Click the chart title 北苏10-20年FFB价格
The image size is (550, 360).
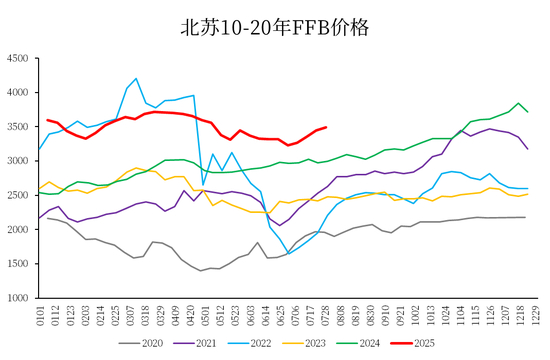275,28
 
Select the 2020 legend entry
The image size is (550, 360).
141,343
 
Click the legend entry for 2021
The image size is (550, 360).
195,343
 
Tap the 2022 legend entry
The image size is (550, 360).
249,343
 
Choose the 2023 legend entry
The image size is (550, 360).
304,343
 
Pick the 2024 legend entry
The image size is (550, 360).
358,343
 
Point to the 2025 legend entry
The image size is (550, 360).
413,343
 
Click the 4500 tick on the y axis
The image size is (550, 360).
18,58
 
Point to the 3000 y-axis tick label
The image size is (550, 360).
18,161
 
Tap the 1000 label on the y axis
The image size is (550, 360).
18,298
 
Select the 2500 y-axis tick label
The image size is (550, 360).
18,195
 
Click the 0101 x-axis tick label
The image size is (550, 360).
40,316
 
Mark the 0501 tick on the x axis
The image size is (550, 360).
205,316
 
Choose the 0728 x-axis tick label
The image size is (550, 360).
325,316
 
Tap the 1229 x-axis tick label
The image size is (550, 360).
535,316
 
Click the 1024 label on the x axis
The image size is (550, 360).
445,316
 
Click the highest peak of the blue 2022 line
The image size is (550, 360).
136,79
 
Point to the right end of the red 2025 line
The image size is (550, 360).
326,127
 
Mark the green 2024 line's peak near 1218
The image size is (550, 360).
518,103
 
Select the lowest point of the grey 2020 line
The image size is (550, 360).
201,271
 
